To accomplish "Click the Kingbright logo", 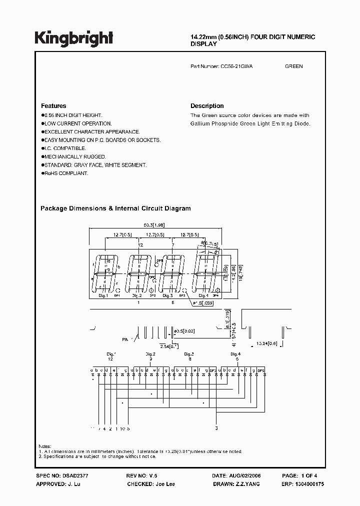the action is click(73, 38).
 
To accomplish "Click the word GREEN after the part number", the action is click(293, 66).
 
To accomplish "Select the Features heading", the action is click(53, 106).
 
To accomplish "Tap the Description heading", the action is click(207, 106).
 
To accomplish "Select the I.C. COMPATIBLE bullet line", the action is click(63, 148).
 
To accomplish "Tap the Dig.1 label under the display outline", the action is click(103, 296).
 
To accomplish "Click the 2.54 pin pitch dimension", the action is click(167, 346).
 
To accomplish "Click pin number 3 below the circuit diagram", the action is click(216, 428).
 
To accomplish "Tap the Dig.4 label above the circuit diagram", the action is click(236, 354).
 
